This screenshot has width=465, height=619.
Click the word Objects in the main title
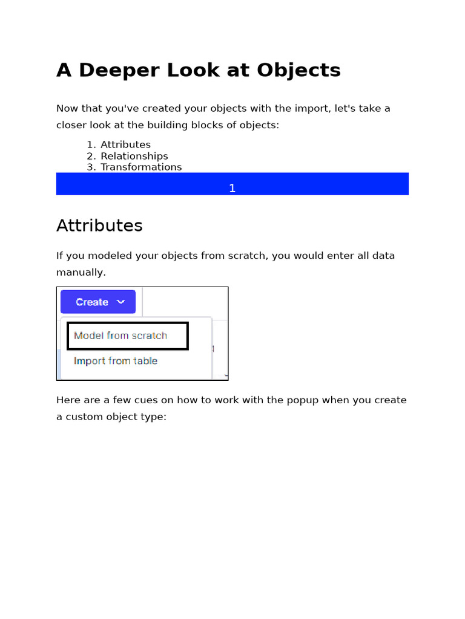tap(298, 71)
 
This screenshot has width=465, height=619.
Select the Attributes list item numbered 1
tap(125, 144)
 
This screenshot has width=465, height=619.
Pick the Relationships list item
tap(134, 156)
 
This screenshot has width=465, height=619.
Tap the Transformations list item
tap(141, 167)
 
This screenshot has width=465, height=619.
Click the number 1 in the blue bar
tap(232, 189)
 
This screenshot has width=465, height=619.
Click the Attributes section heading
tap(99, 225)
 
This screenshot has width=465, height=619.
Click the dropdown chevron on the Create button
tap(121, 302)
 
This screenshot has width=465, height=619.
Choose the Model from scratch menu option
tap(120, 335)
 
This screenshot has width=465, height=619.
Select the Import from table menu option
tap(116, 361)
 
